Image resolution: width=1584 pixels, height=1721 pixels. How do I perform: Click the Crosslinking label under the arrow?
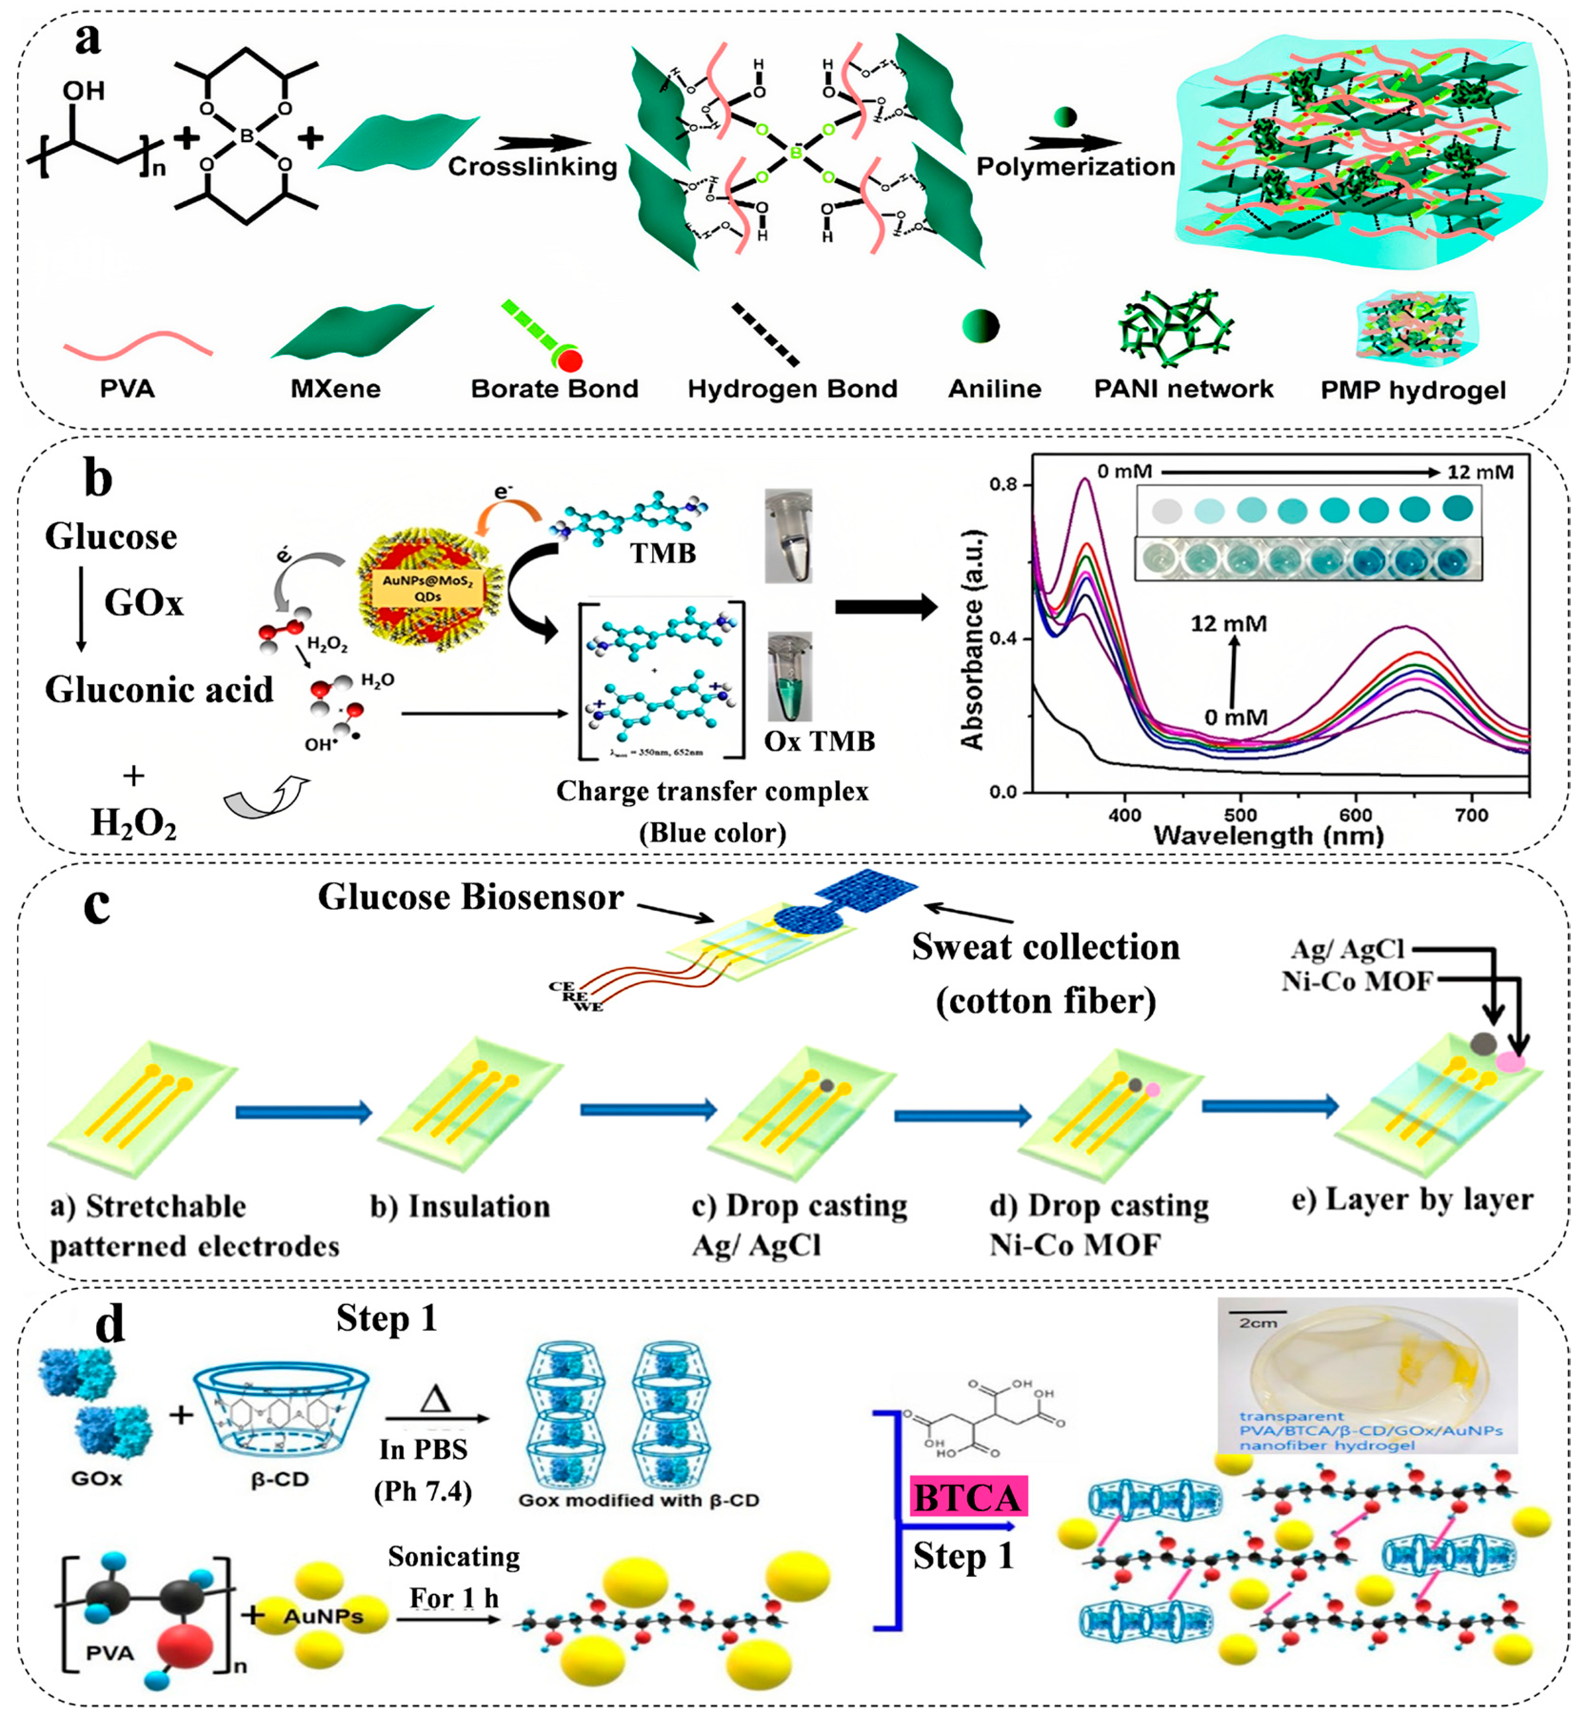point(532,166)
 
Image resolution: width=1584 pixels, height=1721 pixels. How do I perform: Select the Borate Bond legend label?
point(554,389)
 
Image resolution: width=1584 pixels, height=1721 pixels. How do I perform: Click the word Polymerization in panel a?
point(1076,166)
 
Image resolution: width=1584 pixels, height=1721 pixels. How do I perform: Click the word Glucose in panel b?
point(111,537)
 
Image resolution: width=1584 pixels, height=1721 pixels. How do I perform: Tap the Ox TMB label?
point(820,741)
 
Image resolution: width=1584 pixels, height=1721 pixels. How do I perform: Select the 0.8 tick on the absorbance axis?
point(1003,485)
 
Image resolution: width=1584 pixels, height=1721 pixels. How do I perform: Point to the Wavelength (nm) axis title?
point(1269,836)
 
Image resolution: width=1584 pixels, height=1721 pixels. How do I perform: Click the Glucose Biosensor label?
point(470,898)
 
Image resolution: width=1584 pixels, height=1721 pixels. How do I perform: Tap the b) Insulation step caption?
point(460,1206)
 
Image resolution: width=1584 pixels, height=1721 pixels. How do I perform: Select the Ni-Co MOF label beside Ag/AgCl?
point(1357,981)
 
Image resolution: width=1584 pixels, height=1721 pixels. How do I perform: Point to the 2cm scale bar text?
point(1258,1323)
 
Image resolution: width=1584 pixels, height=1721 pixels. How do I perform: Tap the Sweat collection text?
point(1046,947)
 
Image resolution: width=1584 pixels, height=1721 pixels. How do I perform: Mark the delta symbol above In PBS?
point(436,1400)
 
